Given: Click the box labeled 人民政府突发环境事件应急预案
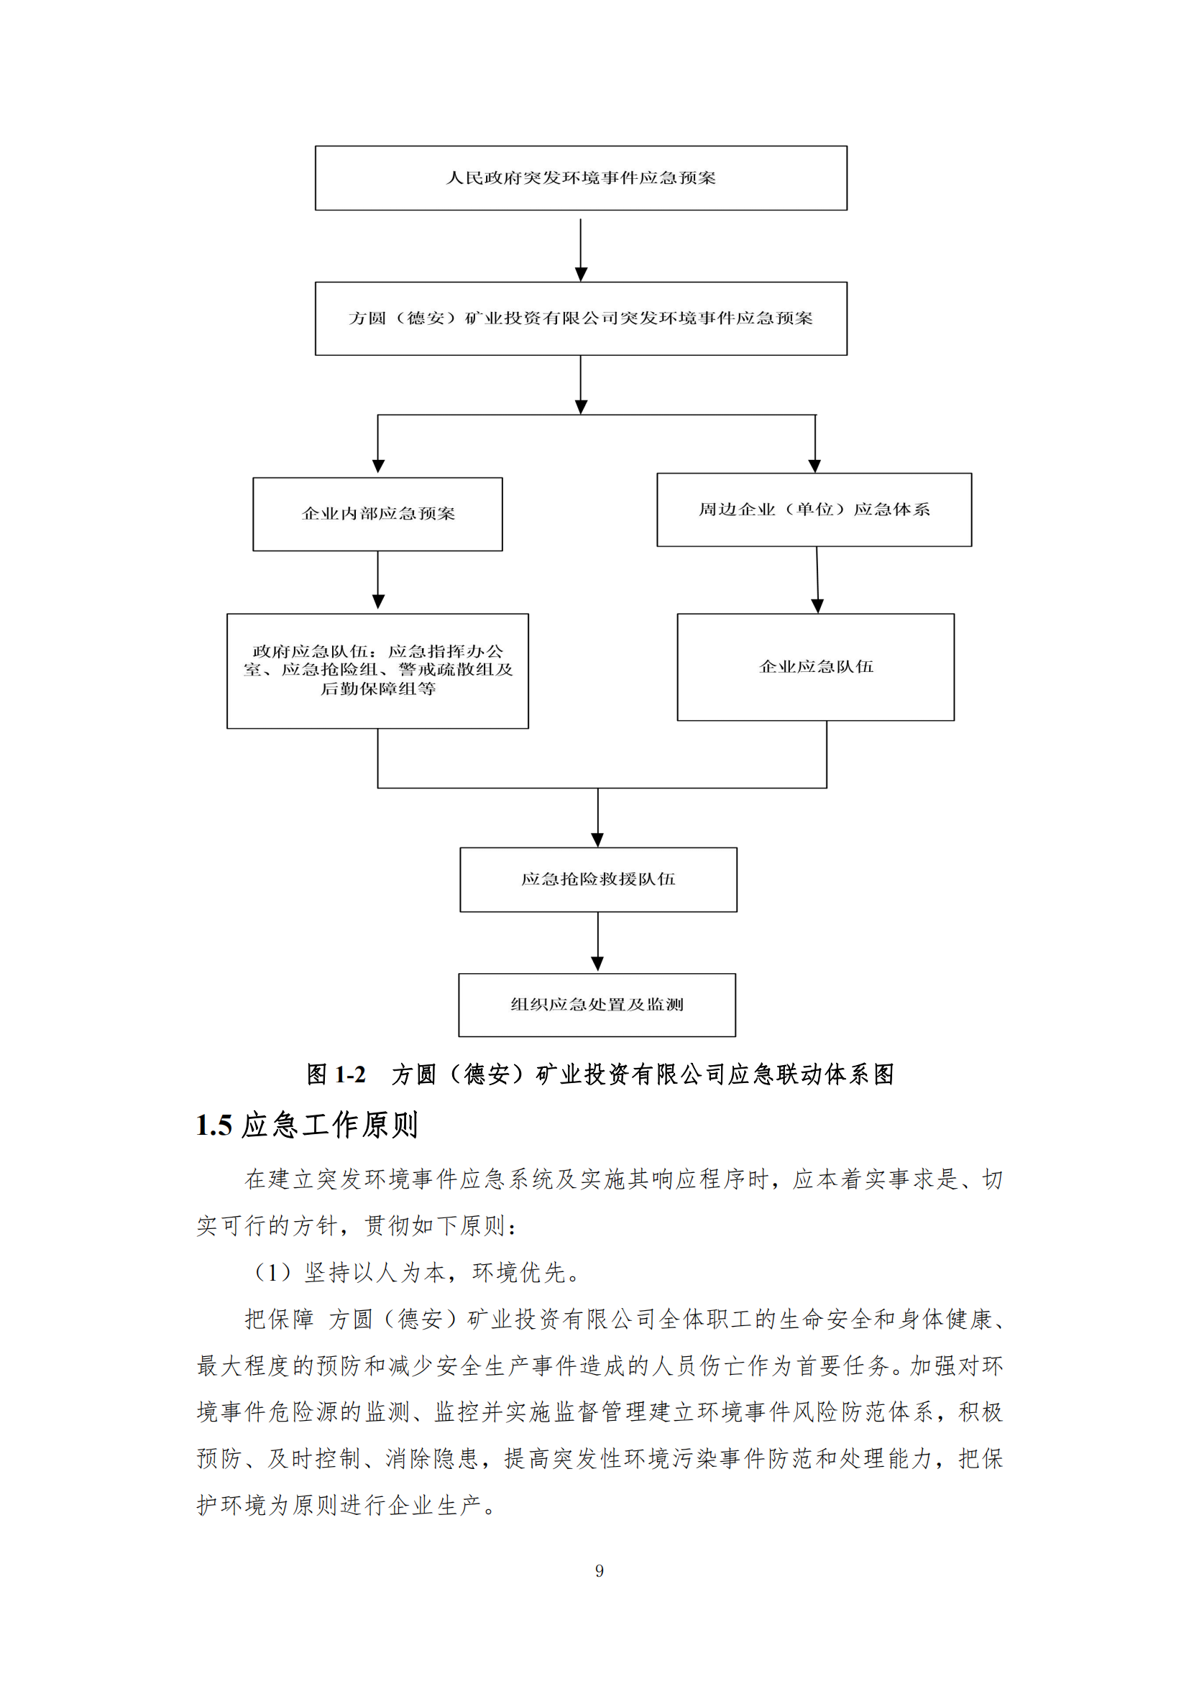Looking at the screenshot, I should pyautogui.click(x=581, y=178).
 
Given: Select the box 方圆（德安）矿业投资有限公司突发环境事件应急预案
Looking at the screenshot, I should pyautogui.click(x=581, y=318).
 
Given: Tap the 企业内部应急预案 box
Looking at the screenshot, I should pyautogui.click(x=378, y=514).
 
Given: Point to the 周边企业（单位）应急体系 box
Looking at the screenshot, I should pyautogui.click(x=814, y=510).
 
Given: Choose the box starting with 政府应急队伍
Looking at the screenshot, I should pyautogui.click(x=378, y=671).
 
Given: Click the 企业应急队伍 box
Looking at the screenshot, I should pyautogui.click(x=816, y=667).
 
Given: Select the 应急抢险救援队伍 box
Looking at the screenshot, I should pyautogui.click(x=598, y=879).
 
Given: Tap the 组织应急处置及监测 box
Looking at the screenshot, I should pyautogui.click(x=597, y=1005).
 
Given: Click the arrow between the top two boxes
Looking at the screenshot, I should pyautogui.click(x=581, y=249).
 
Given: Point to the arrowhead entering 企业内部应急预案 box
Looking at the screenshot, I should pyautogui.click(x=378, y=466).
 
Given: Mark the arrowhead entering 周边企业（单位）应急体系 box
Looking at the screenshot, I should pyautogui.click(x=814, y=465).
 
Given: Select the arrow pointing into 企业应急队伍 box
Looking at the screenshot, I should pyautogui.click(x=817, y=581).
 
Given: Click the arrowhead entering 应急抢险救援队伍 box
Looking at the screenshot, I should pyautogui.click(x=597, y=839).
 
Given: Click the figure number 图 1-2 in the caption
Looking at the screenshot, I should pyautogui.click(x=336, y=1074).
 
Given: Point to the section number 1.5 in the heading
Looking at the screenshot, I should pyautogui.click(x=214, y=1125).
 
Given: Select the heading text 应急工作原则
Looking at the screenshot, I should pyautogui.click(x=330, y=1125).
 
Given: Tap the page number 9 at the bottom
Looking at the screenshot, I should pyautogui.click(x=600, y=1570).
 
